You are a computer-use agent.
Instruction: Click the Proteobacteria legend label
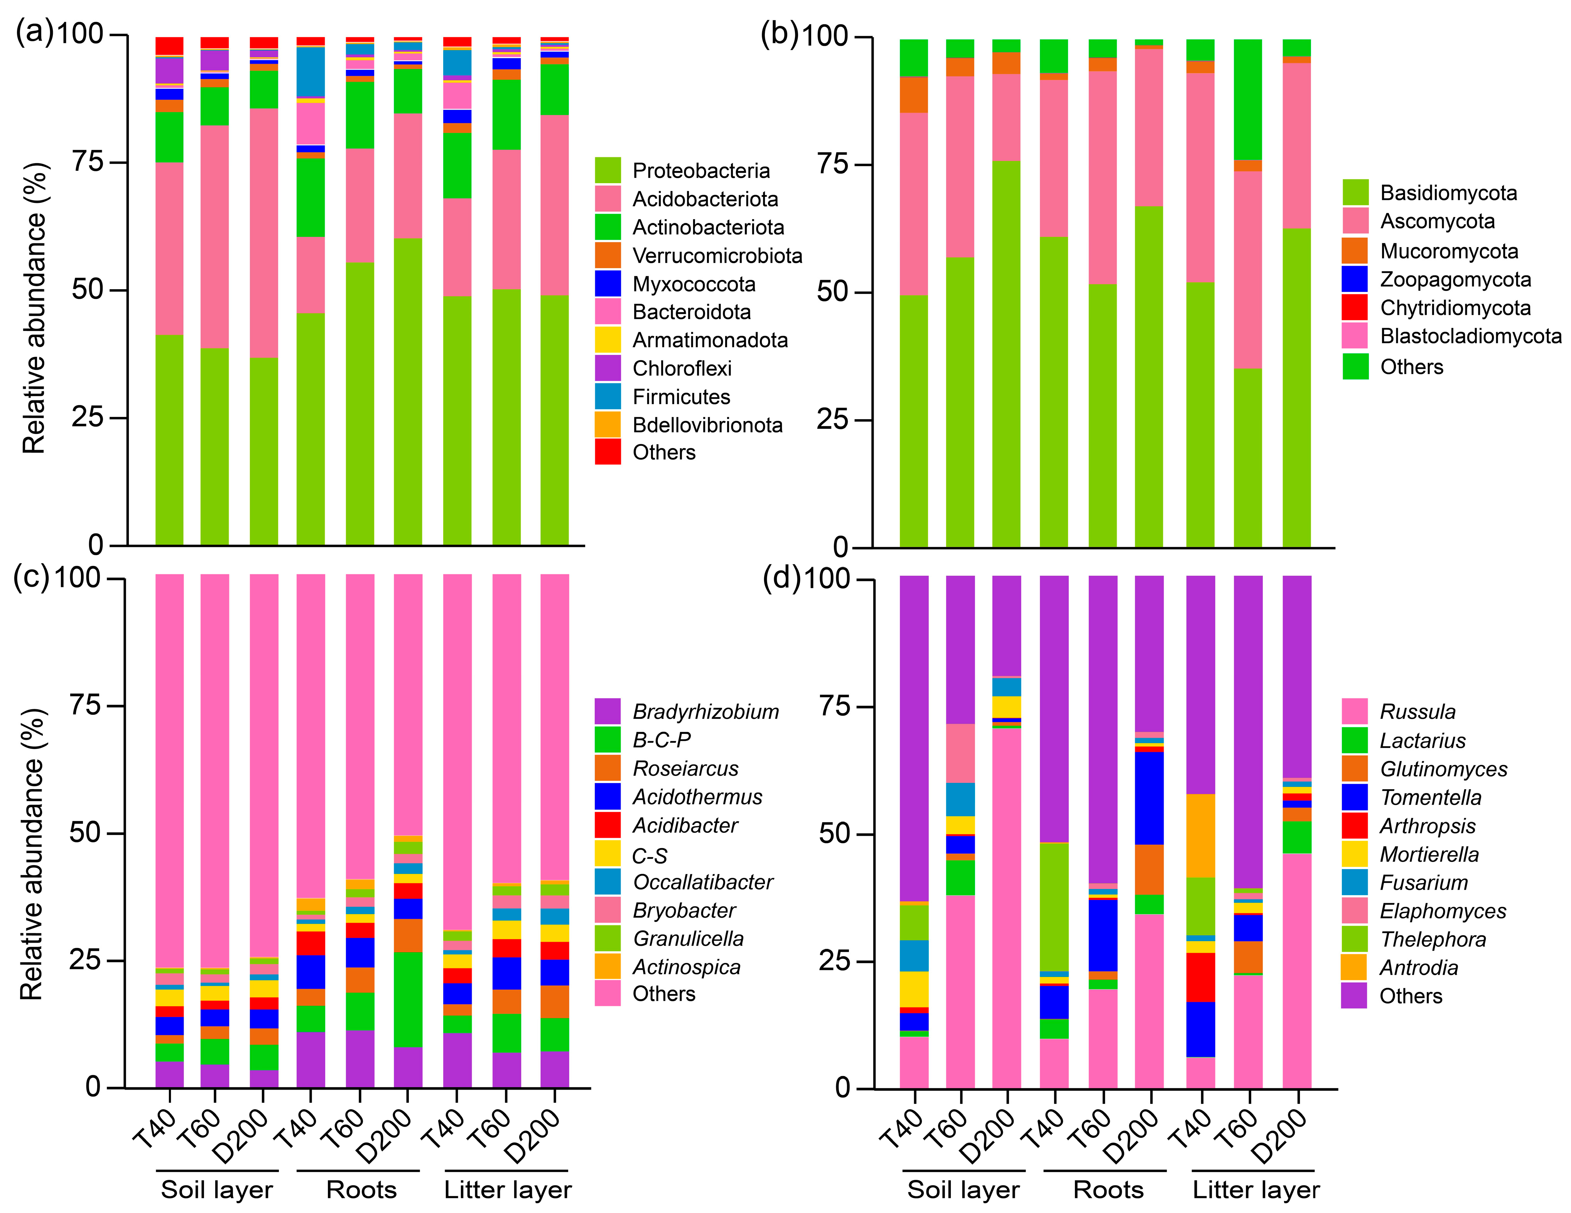pos(700,171)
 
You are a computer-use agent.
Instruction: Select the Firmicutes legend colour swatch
pos(608,396)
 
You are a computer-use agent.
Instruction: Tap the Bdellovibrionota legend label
pos(707,425)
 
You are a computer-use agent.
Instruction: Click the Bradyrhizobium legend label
pos(705,712)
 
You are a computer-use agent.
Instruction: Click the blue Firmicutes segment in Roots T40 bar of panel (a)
pos(311,72)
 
